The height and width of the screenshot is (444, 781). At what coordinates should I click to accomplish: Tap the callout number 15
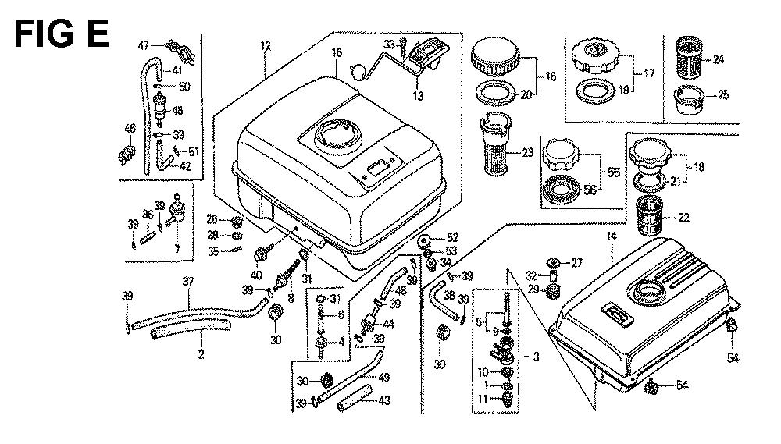337,53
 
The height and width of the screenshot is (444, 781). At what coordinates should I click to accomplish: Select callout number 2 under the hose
201,355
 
